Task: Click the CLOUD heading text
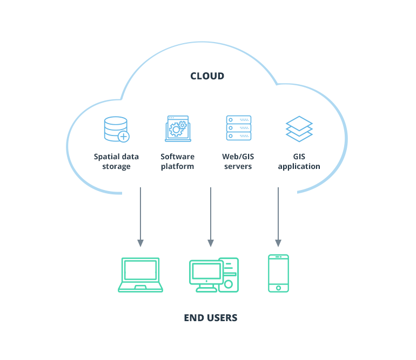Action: pos(207,76)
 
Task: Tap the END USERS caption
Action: pos(210,318)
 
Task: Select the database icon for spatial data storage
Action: pos(116,129)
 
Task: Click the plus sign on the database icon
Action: pos(124,137)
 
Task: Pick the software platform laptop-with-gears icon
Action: pos(178,128)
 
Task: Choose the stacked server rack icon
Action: pos(238,128)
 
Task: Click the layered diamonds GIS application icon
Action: pos(299,129)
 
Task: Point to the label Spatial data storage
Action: pos(116,161)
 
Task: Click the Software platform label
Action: pos(177,161)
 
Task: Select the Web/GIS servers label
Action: pos(238,161)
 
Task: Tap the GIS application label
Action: pos(299,161)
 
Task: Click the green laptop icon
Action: pos(140,275)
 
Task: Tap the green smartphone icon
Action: pos(278,274)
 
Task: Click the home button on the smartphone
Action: pos(278,288)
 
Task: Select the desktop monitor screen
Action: pos(206,271)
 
